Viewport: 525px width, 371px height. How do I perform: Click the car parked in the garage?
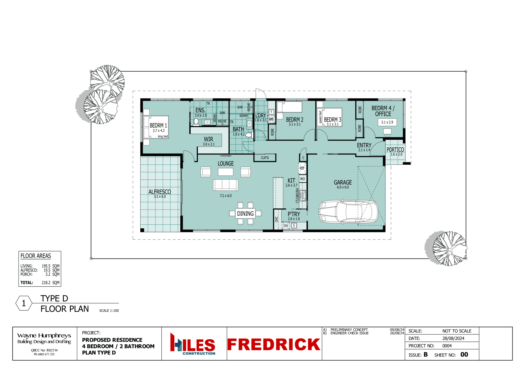point(348,212)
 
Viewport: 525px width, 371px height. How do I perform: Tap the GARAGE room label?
point(343,183)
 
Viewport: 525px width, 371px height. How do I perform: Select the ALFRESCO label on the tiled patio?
point(160,192)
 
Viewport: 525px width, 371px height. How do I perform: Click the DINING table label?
point(245,214)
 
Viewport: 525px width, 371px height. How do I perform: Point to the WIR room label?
point(209,139)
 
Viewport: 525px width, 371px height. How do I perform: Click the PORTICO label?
point(395,150)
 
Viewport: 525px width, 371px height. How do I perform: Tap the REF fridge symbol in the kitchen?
point(302,168)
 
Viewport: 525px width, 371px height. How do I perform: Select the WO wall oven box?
point(303,179)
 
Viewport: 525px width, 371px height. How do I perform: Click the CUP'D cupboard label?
point(265,158)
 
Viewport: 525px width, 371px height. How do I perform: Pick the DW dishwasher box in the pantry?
point(286,225)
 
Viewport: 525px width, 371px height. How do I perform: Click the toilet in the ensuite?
point(196,122)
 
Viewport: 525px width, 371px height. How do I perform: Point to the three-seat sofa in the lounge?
point(226,185)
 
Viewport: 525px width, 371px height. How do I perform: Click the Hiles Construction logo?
point(193,344)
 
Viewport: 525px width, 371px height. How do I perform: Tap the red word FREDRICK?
point(274,344)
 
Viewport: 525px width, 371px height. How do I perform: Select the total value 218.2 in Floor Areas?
point(46,283)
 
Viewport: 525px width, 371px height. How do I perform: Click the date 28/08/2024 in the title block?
point(453,338)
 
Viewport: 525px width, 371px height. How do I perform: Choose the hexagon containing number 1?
point(24,303)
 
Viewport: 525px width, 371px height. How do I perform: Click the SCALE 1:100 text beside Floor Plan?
point(109,311)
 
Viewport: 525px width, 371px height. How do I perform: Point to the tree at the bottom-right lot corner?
point(447,248)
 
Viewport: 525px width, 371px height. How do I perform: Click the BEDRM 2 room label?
point(295,119)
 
